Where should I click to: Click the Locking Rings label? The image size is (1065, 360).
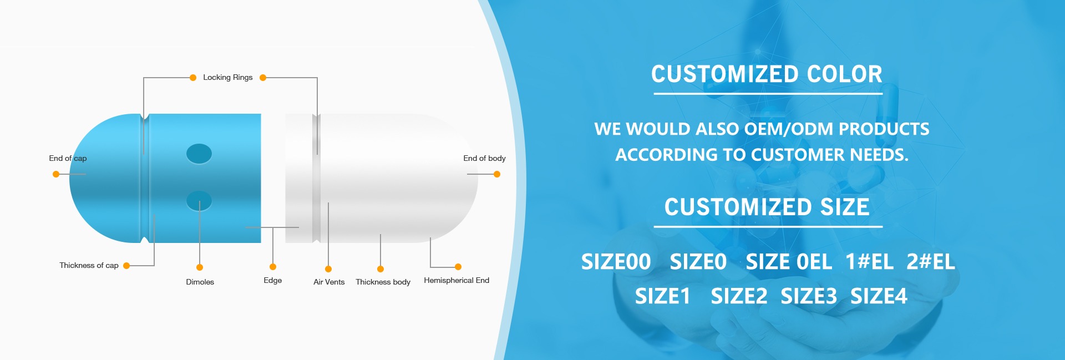pos(227,78)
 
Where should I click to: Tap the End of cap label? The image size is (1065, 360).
pos(68,158)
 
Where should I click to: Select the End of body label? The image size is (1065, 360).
pos(484,158)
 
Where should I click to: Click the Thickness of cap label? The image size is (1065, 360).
pos(89,266)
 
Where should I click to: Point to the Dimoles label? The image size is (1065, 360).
pos(200,282)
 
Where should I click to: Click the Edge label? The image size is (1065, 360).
pos(272,281)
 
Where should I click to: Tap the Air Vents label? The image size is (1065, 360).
pos(329,282)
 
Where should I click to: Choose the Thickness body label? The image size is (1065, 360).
pos(383,282)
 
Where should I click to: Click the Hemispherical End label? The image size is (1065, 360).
pos(457,281)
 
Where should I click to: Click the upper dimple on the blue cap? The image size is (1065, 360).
pos(199,154)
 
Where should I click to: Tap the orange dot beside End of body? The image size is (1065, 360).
pos(497,174)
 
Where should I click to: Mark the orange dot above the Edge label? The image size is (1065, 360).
pos(273,267)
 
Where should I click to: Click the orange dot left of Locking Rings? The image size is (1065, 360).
pos(193,78)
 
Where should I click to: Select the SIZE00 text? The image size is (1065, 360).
pos(616,262)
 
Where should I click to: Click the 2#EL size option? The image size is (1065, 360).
pos(931,262)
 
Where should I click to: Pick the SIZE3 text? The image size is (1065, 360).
pos(809,296)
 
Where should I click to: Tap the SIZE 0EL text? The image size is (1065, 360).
pos(789,262)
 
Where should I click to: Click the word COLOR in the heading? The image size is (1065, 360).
pos(844,74)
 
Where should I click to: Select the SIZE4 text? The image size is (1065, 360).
pos(879,296)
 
